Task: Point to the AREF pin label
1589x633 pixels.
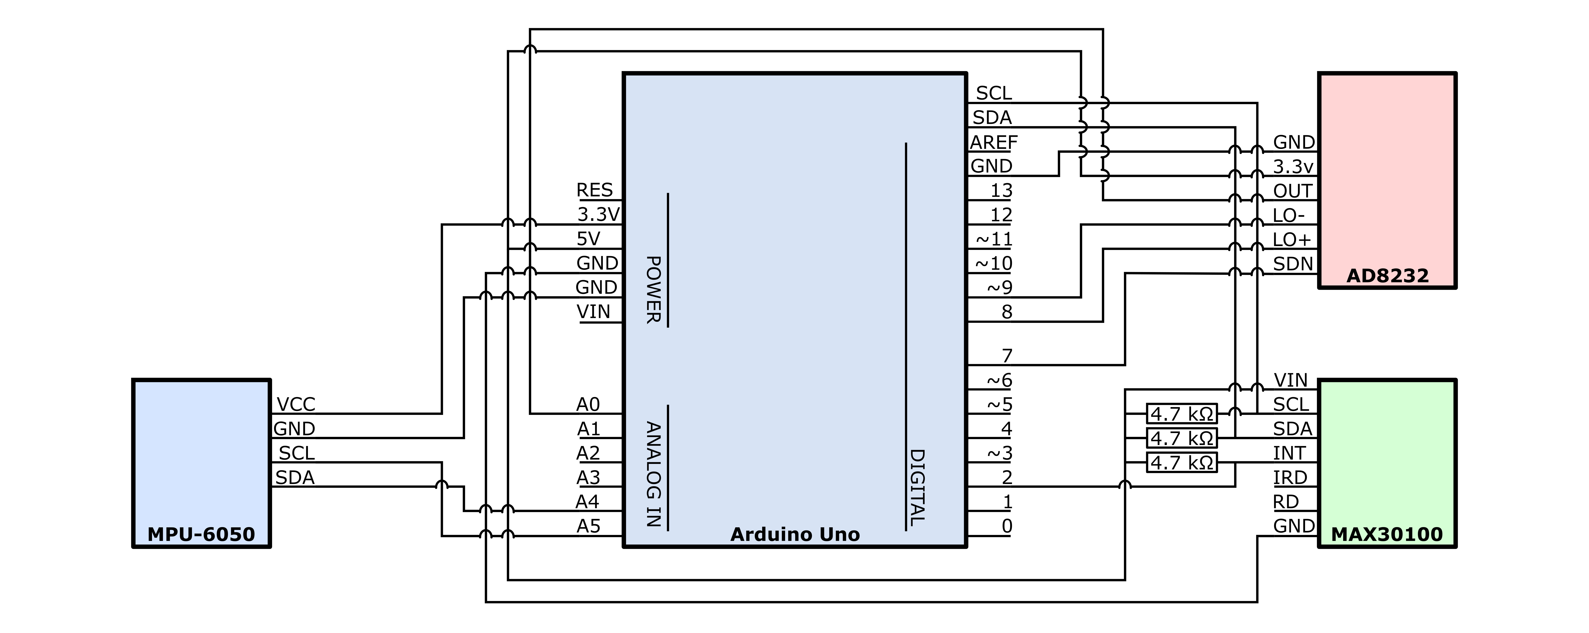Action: click(x=993, y=142)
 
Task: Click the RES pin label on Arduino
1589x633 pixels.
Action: click(x=594, y=190)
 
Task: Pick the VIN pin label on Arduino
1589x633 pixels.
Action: click(x=593, y=311)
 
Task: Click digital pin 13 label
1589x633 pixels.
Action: click(x=1001, y=191)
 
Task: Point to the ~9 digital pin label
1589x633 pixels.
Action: click(x=999, y=288)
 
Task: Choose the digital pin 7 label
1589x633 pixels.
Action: click(x=1007, y=356)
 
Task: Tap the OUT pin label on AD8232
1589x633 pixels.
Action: click(x=1292, y=191)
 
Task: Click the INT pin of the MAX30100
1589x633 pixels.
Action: click(x=1289, y=453)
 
